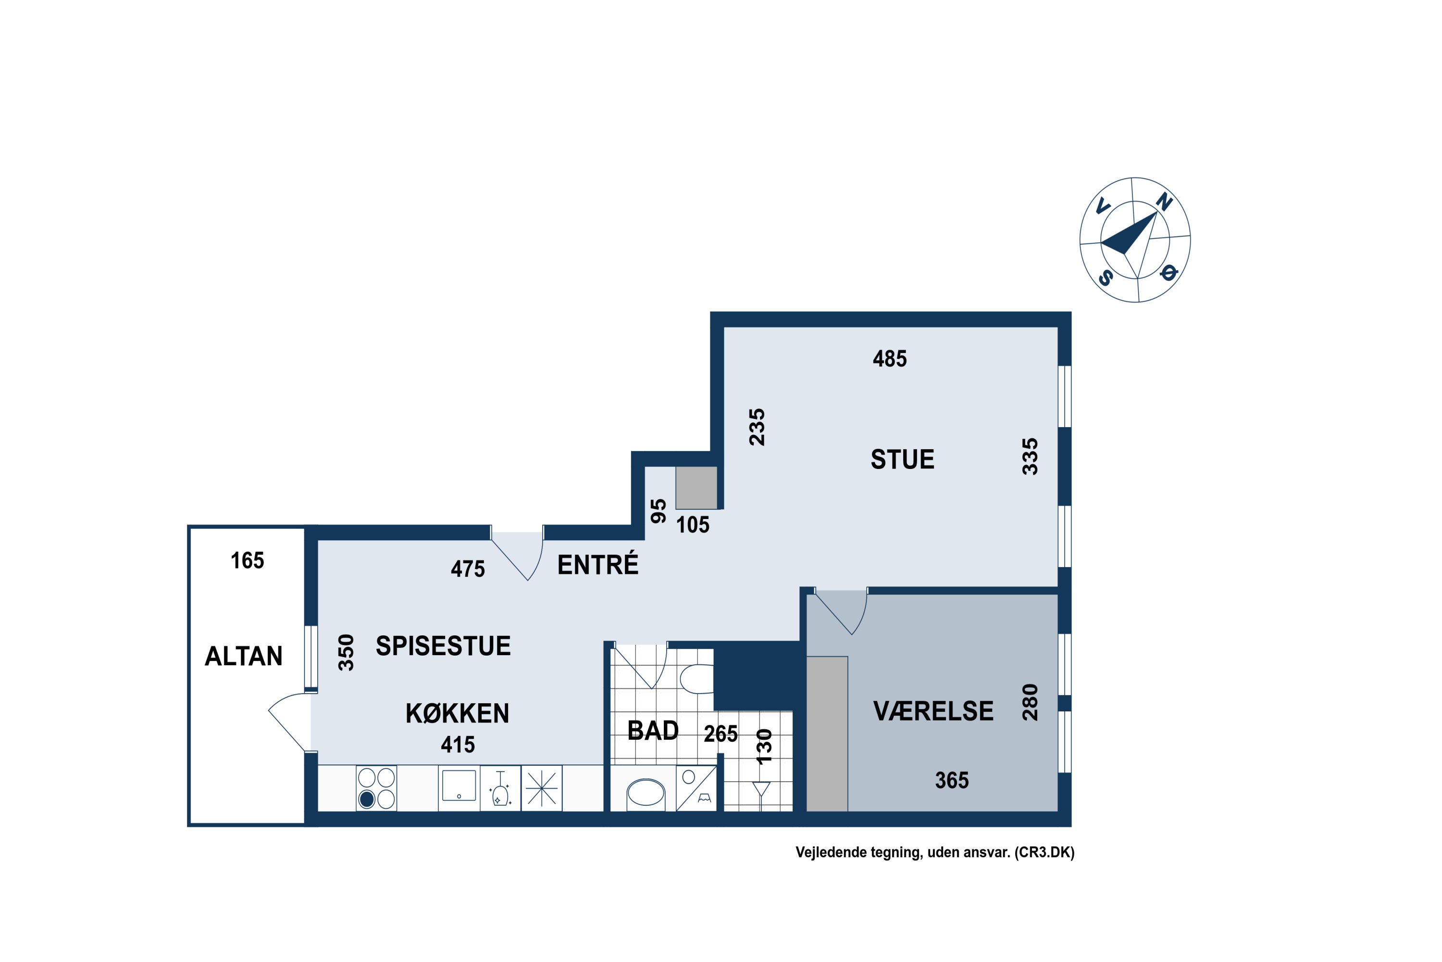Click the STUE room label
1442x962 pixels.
(x=903, y=459)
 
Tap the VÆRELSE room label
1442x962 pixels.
(x=933, y=711)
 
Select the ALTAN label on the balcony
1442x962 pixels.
(x=243, y=657)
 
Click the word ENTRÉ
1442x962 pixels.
(x=598, y=564)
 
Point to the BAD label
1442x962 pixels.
(x=653, y=731)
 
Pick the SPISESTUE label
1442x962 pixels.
(x=443, y=646)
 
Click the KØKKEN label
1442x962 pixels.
(x=458, y=713)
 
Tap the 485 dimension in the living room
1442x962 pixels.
(x=890, y=359)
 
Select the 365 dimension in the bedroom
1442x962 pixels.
(x=952, y=780)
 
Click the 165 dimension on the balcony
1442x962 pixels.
(x=247, y=561)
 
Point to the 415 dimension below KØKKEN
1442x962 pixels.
(x=458, y=745)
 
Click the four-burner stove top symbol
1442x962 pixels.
(x=376, y=788)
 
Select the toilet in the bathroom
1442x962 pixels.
(x=696, y=679)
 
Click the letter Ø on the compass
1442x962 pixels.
(x=1169, y=272)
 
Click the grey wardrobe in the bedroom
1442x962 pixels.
(x=827, y=734)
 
